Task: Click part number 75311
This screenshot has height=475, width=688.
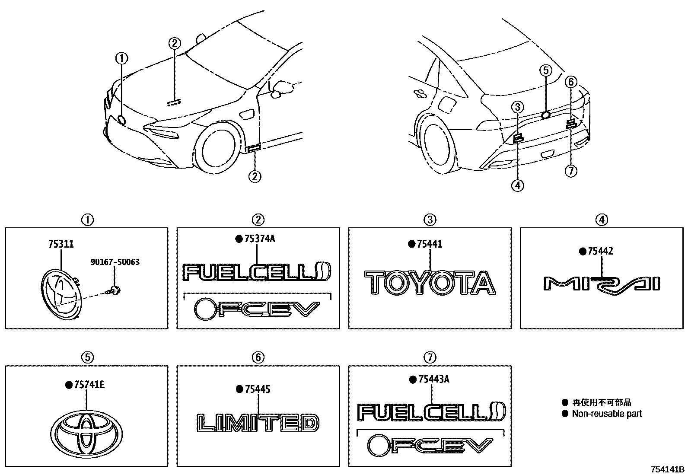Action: (x=61, y=244)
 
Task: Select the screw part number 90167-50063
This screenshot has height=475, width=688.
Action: (x=115, y=262)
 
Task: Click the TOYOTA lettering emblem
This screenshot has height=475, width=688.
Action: (x=429, y=283)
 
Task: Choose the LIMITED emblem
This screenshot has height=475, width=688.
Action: (x=258, y=423)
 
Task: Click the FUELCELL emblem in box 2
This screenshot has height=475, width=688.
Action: (x=257, y=273)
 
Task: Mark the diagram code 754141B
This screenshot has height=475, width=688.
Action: (x=668, y=469)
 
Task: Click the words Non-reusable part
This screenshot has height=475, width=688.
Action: (x=607, y=414)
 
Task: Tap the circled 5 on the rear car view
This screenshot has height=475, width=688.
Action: (x=545, y=70)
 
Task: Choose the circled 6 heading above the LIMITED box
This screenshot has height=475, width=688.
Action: (x=258, y=357)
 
